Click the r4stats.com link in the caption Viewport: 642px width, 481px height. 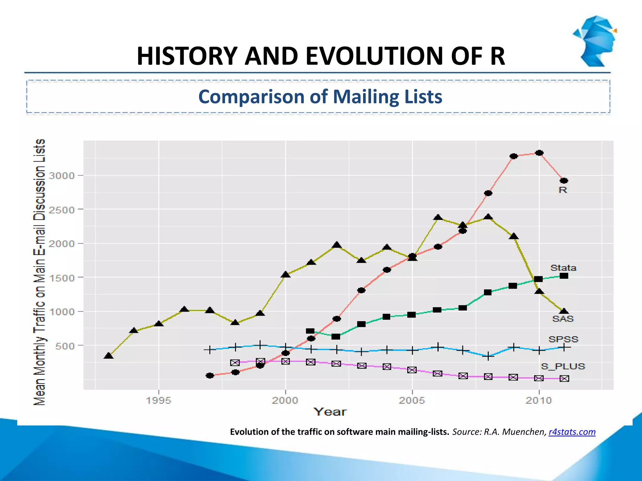[572, 432]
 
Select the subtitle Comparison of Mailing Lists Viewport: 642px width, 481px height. [320, 96]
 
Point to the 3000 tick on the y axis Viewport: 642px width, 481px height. [62, 176]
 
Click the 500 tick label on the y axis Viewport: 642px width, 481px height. [65, 346]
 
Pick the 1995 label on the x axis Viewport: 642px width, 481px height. [159, 401]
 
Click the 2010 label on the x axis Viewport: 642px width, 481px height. [539, 401]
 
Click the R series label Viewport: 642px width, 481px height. [563, 190]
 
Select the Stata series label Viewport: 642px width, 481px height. [563, 268]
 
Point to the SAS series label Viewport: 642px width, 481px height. [563, 319]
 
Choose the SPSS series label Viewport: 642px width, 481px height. [563, 339]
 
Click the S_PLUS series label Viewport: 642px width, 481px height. [563, 366]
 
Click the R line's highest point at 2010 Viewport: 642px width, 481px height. [539, 153]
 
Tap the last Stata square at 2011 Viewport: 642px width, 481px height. [564, 276]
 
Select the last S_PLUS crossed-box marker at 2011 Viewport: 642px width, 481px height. [564, 379]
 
